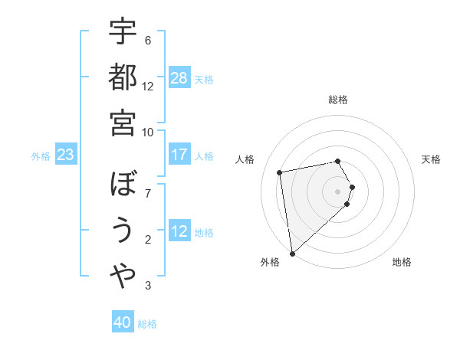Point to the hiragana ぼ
click(x=123, y=185)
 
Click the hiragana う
click(x=123, y=230)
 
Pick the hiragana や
click(x=123, y=276)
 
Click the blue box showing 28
click(x=179, y=77)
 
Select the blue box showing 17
click(x=179, y=155)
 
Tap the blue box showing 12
click(x=179, y=231)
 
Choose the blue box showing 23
click(x=66, y=155)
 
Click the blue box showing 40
click(x=123, y=322)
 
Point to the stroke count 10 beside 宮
click(x=148, y=131)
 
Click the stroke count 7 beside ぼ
click(x=148, y=192)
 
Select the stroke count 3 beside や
click(x=148, y=286)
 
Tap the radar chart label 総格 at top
click(x=338, y=100)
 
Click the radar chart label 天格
click(x=432, y=159)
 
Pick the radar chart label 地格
click(x=402, y=262)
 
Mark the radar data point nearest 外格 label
click(x=293, y=254)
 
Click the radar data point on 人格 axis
click(x=281, y=172)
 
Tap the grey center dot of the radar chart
click(x=338, y=191)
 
